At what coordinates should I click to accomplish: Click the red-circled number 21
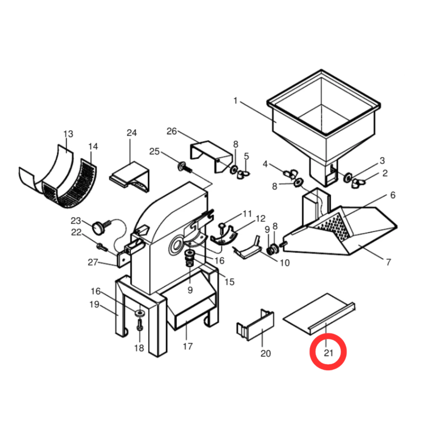pos(329,353)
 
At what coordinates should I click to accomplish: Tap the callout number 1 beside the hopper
pos(236,101)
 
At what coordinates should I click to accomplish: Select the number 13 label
pos(68,134)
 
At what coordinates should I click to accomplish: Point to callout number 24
pos(132,133)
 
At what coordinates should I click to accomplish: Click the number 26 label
pos(171,131)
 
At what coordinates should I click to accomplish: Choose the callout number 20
pos(266,354)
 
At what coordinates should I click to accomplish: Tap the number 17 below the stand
pos(188,347)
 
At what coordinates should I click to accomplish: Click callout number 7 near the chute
pos(389,262)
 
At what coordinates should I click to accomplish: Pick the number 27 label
pos(93,262)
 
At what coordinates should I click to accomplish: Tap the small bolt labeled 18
pos(140,325)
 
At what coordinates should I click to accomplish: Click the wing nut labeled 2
pos(358,183)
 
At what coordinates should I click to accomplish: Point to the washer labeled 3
pos(348,178)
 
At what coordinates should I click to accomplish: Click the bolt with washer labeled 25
pos(185,167)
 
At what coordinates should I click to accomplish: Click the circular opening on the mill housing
pos(176,245)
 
